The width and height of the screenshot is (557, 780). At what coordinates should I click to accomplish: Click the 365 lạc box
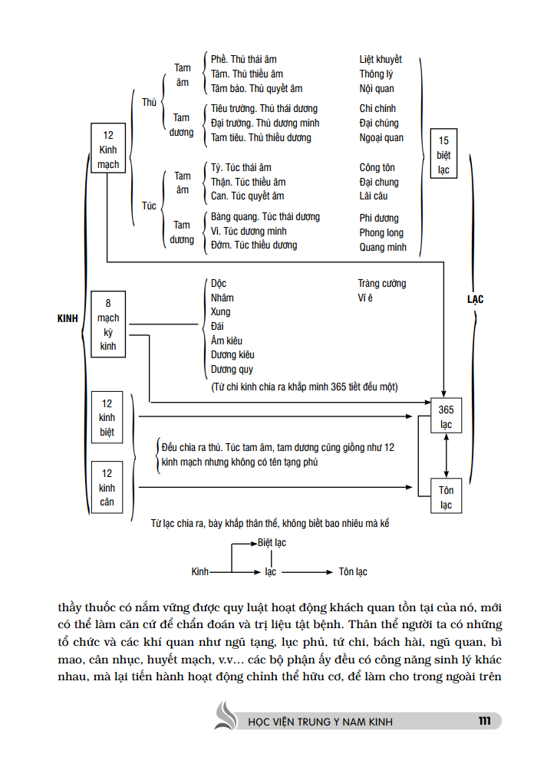[446, 417]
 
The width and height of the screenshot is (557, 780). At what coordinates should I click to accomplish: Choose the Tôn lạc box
[446, 497]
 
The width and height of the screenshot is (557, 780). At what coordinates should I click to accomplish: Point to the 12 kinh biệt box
[107, 418]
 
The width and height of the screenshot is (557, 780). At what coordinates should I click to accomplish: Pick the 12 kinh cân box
[107, 488]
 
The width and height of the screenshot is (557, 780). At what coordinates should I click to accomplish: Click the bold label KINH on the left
[68, 318]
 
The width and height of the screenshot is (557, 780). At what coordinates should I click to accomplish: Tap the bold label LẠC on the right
[476, 299]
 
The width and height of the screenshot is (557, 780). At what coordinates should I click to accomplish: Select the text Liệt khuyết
[381, 60]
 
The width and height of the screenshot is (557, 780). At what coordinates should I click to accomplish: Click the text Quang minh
[383, 248]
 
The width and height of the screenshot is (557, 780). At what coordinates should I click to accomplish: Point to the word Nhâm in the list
[222, 298]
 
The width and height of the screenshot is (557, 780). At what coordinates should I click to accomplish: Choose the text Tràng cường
[382, 283]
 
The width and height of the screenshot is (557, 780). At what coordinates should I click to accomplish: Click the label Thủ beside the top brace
[149, 102]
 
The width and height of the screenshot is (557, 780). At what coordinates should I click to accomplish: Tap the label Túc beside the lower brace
[149, 206]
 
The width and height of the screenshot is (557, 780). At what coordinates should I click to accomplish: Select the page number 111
[483, 720]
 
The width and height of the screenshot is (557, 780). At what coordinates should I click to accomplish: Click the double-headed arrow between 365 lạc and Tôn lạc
[447, 457]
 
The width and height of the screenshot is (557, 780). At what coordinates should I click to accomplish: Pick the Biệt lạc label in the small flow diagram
[272, 543]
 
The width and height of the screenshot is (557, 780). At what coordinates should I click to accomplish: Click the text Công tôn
[377, 167]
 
